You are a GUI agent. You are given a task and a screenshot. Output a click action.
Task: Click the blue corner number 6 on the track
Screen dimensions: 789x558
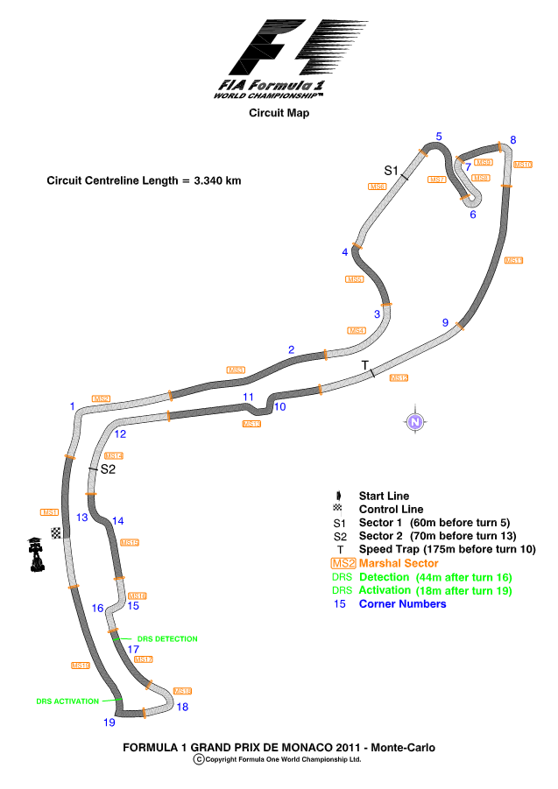[x=472, y=214]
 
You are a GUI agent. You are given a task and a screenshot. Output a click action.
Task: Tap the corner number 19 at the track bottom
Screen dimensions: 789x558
[x=109, y=722]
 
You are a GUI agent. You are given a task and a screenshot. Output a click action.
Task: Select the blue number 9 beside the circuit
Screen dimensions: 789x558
[x=445, y=323]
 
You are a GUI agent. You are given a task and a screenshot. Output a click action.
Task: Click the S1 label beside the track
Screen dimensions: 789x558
[x=392, y=170]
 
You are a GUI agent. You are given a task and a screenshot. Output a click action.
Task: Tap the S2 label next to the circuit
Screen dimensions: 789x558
[x=108, y=469]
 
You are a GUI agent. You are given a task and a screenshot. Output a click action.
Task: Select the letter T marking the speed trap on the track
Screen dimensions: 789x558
[x=364, y=364]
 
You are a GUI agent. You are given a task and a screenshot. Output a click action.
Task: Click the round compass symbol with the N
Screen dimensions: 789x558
[x=416, y=421]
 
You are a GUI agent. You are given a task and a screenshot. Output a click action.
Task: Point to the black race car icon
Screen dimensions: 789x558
[x=35, y=553]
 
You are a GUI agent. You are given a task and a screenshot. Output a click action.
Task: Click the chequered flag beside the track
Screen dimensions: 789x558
[x=56, y=533]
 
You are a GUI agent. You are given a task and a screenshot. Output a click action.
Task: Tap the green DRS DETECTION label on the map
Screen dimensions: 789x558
[x=166, y=639]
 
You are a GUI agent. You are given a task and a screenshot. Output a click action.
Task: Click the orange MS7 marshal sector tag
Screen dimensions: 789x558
[x=437, y=180]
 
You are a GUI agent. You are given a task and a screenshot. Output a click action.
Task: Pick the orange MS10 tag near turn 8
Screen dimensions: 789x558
[x=523, y=165]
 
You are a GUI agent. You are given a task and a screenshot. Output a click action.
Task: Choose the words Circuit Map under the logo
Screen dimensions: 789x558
[x=279, y=112]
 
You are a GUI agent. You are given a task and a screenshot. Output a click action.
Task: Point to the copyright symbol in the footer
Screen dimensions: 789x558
[x=199, y=760]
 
